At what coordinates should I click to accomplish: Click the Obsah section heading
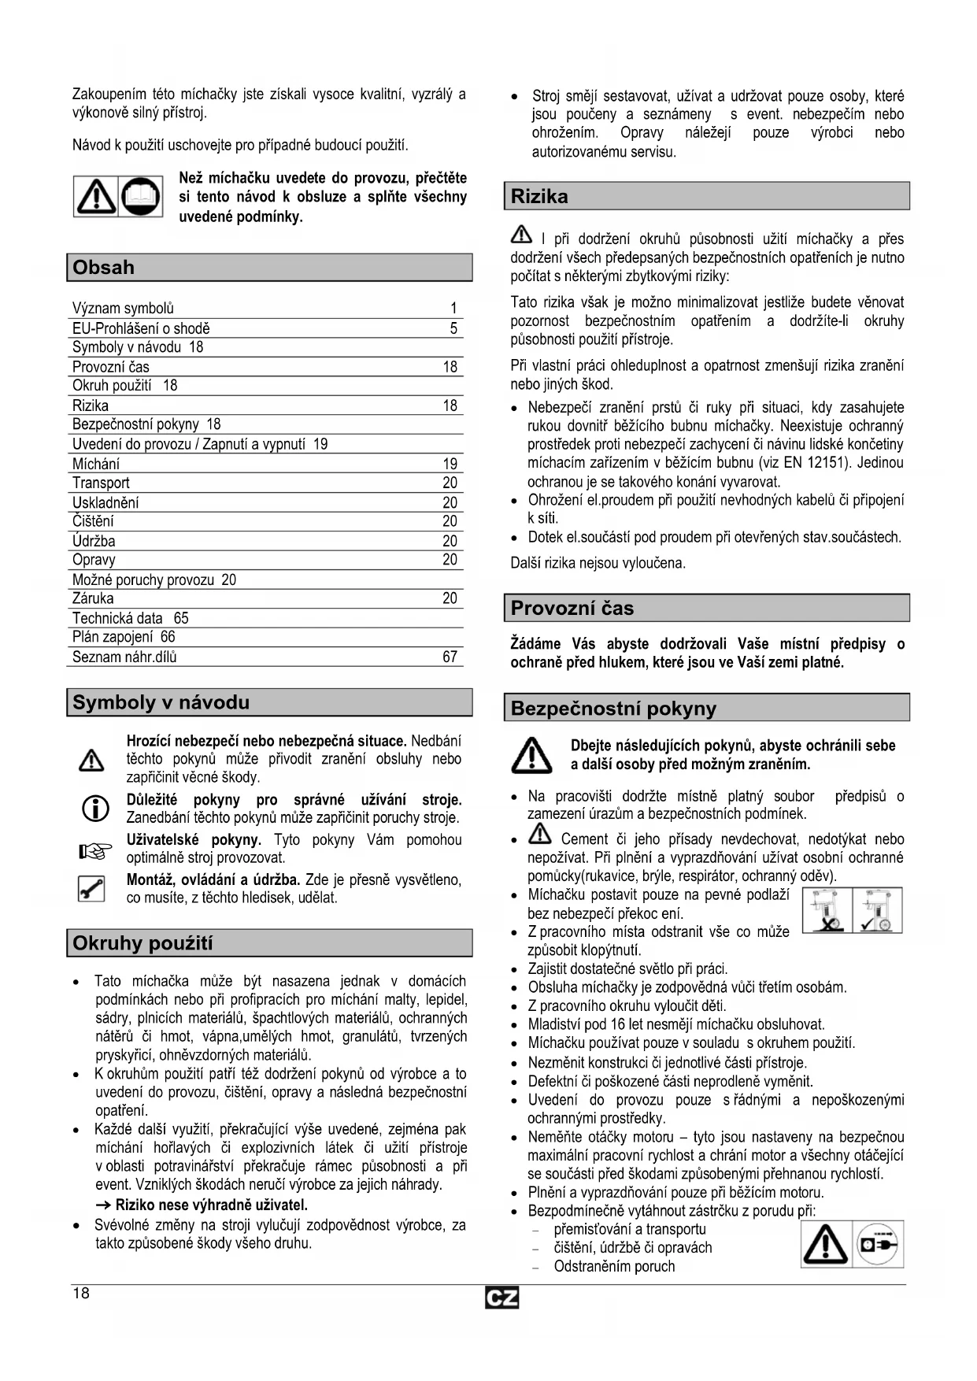click(103, 268)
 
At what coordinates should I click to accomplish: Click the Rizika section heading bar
click(539, 197)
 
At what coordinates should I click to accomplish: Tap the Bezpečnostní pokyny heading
click(613, 709)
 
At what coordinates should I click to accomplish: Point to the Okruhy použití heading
click(142, 943)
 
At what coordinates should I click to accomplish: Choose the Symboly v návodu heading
click(161, 702)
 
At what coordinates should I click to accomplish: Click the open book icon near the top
click(142, 197)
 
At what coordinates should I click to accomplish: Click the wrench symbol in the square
click(92, 889)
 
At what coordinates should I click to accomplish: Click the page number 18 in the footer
click(81, 1294)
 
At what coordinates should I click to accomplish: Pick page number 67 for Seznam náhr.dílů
click(450, 657)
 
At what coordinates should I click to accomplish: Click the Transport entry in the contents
click(101, 483)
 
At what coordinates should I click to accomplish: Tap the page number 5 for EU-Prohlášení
click(453, 328)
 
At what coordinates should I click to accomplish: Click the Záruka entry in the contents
click(93, 598)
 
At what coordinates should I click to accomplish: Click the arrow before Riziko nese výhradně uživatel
click(104, 1205)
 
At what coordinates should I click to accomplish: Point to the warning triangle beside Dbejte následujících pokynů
click(531, 755)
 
